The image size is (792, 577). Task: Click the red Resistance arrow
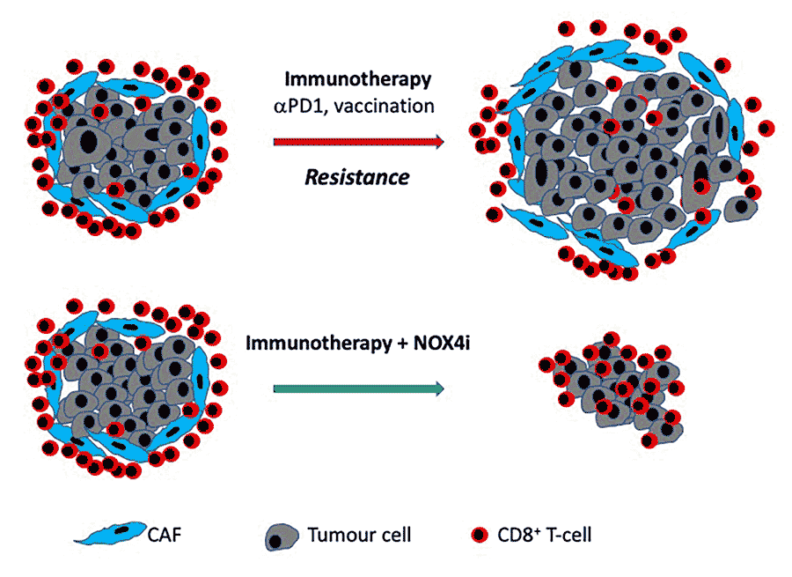[x=352, y=142]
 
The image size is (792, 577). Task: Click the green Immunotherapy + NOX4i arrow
[x=352, y=388]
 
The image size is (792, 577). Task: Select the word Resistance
[x=356, y=177]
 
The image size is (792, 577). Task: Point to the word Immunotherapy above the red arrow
[x=357, y=80]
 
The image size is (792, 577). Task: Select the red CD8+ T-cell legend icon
[x=478, y=535]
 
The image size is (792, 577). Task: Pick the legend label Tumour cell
[x=359, y=534]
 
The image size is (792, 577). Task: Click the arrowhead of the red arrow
[x=436, y=142]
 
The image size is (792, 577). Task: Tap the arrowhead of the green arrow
[x=436, y=388]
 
